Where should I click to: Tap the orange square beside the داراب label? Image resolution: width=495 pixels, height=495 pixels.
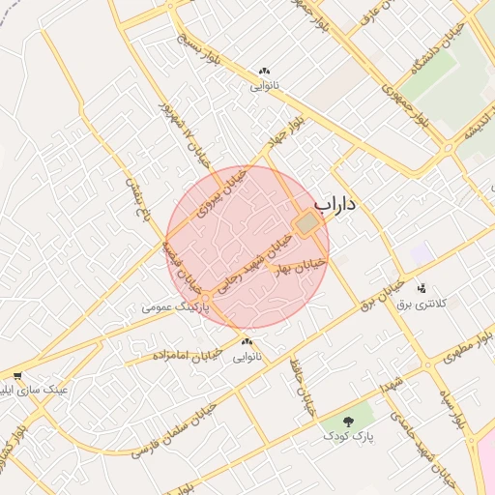(307, 224)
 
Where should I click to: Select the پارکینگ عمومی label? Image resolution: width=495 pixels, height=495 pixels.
(174, 306)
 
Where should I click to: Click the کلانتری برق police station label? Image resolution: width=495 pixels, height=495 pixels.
(422, 304)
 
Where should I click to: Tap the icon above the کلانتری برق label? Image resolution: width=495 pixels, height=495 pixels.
(421, 288)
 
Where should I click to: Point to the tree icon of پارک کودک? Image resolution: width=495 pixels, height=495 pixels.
(349, 421)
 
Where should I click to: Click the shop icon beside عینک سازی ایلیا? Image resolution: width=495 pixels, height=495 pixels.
(17, 376)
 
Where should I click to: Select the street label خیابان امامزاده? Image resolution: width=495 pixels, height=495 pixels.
(186, 356)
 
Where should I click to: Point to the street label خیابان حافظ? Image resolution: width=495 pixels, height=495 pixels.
(303, 387)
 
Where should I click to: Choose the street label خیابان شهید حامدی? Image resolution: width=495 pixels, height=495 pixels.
(423, 447)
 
